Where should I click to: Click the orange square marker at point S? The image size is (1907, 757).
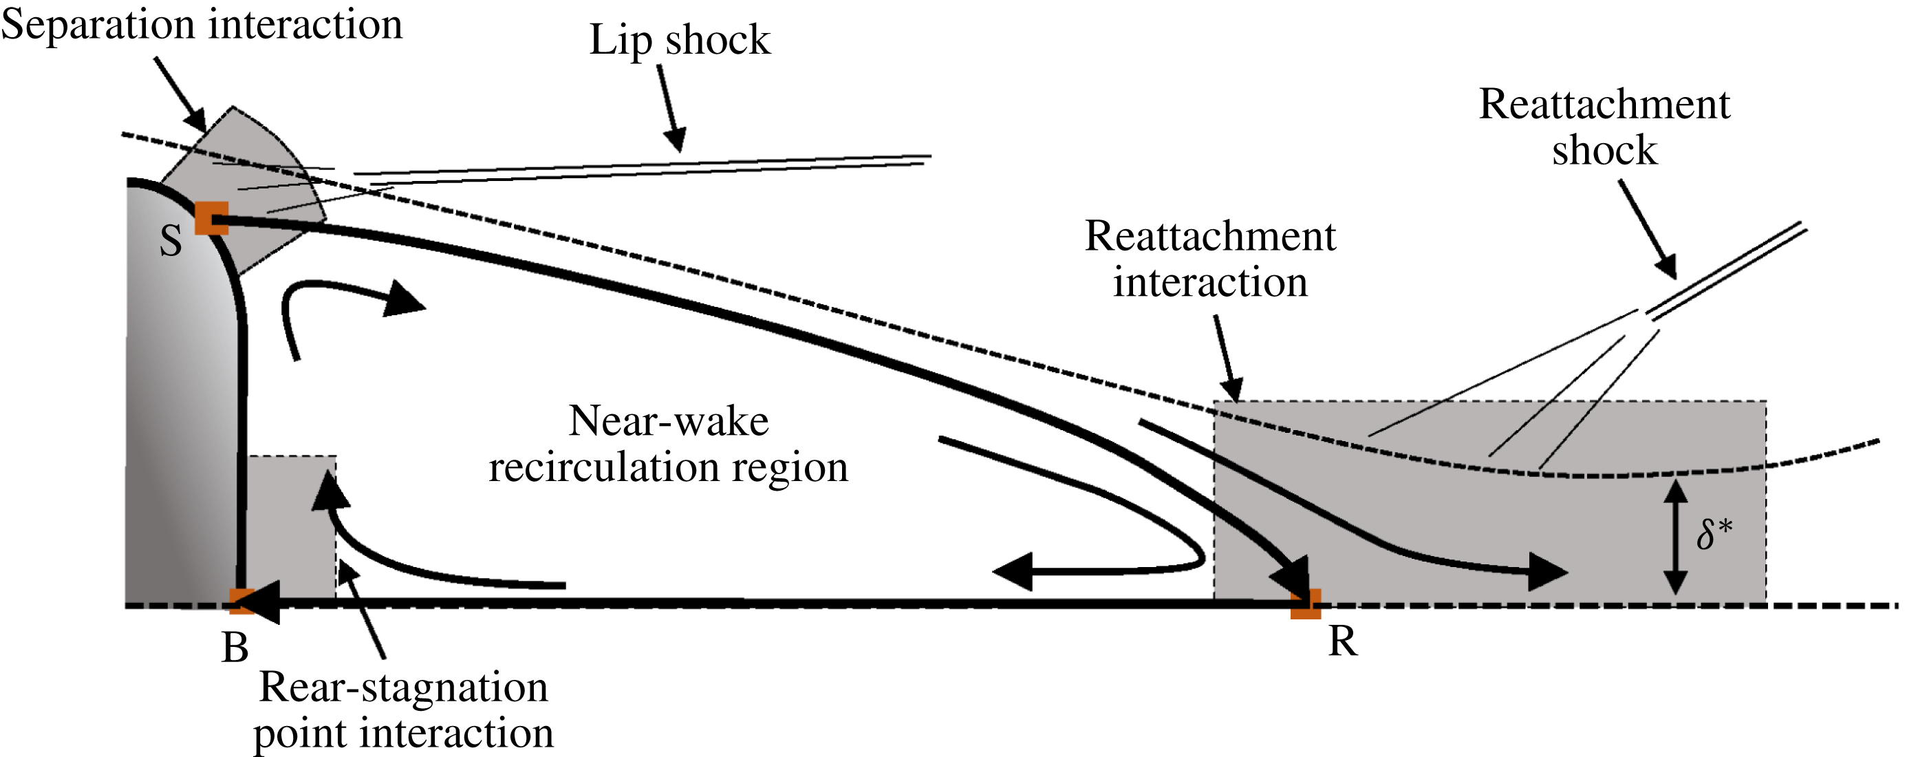[x=211, y=219]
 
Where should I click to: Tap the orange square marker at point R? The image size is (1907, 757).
[x=1305, y=604]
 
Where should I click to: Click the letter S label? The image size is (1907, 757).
[x=171, y=242]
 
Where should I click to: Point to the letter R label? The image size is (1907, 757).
[x=1342, y=641]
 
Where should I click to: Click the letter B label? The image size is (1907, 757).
[x=235, y=648]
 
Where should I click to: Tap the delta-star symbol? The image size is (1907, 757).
[x=1714, y=534]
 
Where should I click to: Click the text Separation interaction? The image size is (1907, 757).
[x=202, y=25]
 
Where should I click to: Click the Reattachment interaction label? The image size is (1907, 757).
[x=1209, y=259]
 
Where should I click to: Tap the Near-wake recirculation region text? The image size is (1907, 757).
[x=668, y=444]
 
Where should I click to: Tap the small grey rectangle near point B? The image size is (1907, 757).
[x=290, y=526]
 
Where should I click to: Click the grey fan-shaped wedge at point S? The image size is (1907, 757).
[x=252, y=178]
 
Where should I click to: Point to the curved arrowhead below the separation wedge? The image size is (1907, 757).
[x=403, y=299]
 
